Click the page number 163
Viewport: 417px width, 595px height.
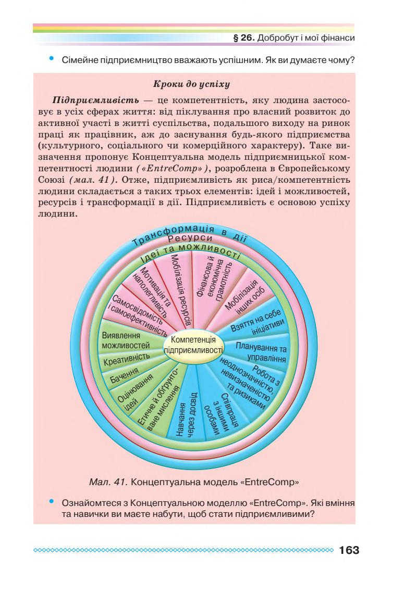coord(349,550)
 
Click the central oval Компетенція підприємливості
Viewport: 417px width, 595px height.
coord(193,345)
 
